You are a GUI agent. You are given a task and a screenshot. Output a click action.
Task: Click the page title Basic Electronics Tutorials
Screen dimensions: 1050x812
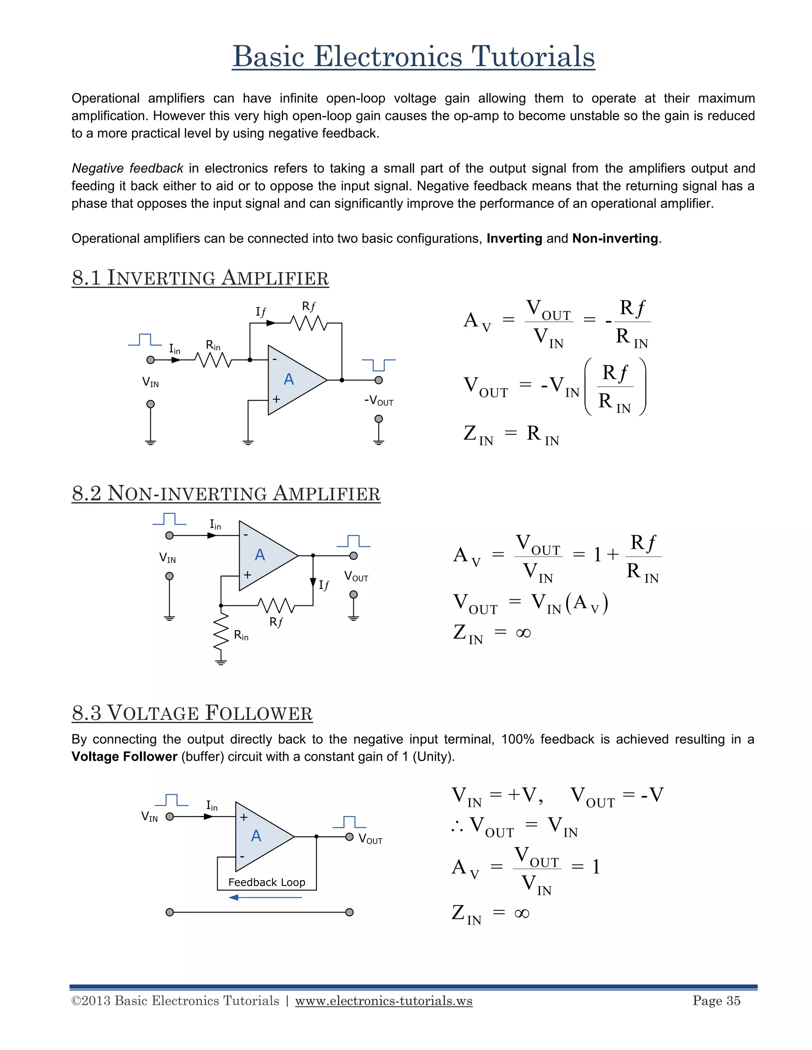pyautogui.click(x=413, y=56)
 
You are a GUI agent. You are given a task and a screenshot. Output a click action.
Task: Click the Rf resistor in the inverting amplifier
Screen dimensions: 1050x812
pyautogui.click(x=309, y=323)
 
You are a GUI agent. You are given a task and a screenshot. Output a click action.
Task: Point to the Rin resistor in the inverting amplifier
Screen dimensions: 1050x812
pyautogui.click(x=213, y=360)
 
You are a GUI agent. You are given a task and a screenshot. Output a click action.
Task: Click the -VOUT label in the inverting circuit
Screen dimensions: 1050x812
pyautogui.click(x=379, y=401)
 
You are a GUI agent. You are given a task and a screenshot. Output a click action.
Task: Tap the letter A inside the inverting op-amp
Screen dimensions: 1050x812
pyautogui.click(x=289, y=379)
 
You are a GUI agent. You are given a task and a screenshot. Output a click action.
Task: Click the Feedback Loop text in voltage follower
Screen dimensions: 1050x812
pyautogui.click(x=266, y=882)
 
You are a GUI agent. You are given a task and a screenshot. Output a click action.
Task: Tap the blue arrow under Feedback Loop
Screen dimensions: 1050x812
pyautogui.click(x=266, y=897)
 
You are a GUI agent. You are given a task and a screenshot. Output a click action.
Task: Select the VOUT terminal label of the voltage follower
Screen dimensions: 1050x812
pyautogui.click(x=370, y=839)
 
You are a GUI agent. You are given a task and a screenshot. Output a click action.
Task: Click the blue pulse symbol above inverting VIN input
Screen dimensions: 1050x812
pyautogui.click(x=145, y=340)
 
